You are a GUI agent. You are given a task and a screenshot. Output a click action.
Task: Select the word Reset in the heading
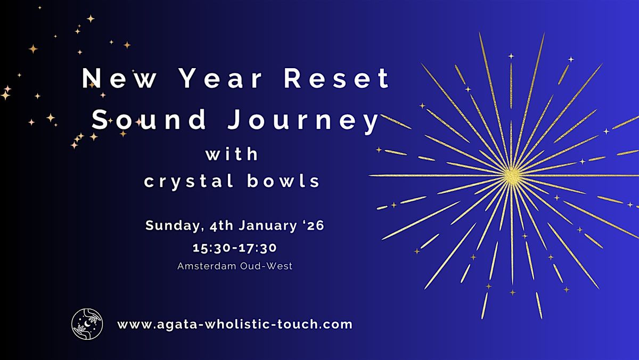[x=337, y=79]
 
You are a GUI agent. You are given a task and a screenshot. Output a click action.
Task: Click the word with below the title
[x=232, y=154]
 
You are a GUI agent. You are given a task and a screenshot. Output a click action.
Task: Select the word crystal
[x=186, y=181]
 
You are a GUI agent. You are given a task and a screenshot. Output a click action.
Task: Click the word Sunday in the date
[x=171, y=226]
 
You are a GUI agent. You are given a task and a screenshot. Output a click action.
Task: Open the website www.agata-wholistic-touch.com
[x=235, y=324]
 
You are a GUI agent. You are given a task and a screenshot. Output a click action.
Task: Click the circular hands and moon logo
[x=87, y=324]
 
